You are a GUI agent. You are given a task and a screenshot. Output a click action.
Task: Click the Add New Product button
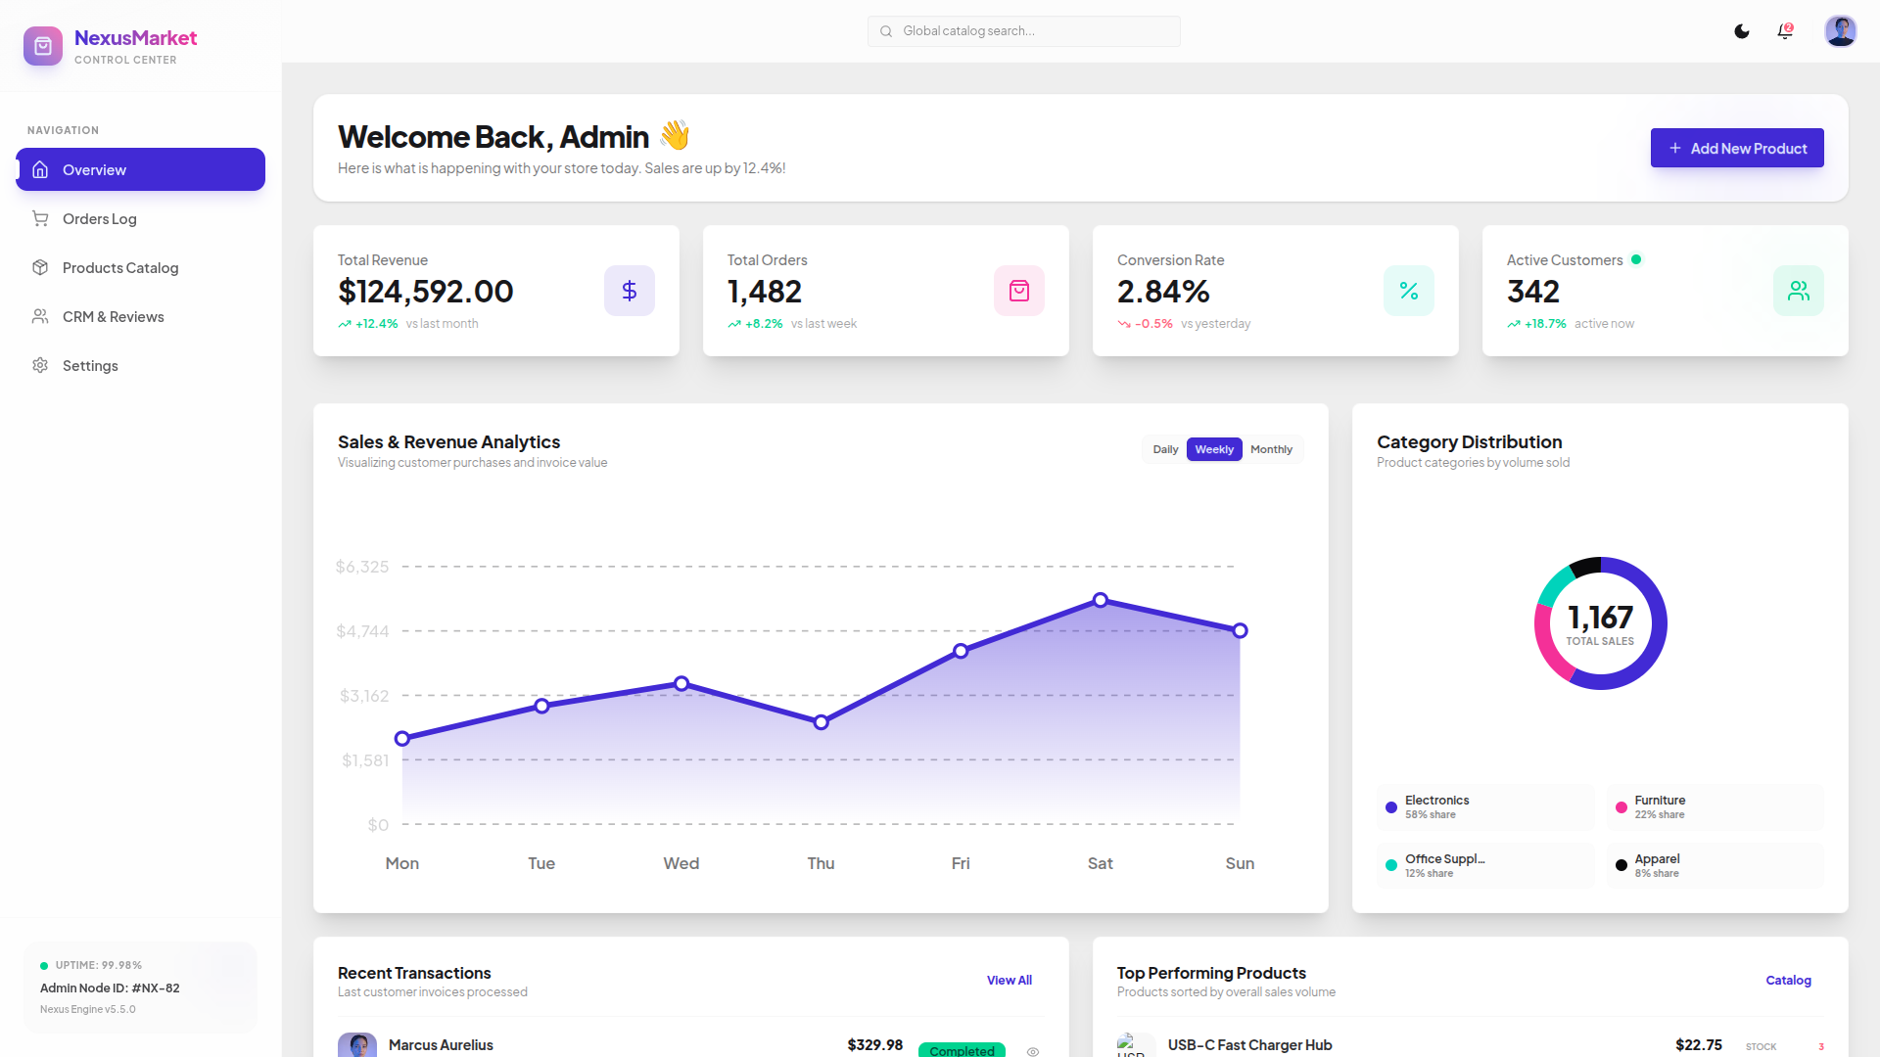[1737, 148]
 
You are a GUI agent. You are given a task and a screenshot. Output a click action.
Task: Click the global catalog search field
[1023, 31]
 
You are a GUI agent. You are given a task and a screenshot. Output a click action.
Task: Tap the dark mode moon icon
[1742, 31]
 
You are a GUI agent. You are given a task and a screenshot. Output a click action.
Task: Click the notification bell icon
[1785, 31]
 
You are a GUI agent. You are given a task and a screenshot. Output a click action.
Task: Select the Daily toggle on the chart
[1165, 449]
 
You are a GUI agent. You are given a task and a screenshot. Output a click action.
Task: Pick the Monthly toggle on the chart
[1271, 449]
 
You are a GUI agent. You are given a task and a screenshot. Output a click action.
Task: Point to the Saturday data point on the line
[1101, 600]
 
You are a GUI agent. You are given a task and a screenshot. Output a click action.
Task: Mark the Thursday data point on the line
[822, 722]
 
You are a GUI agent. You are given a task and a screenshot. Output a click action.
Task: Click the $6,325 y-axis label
[362, 567]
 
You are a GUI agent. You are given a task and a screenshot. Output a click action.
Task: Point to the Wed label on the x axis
[681, 863]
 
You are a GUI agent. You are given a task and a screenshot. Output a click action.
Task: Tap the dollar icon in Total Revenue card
[630, 291]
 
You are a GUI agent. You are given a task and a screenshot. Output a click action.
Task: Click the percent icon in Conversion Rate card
[1409, 291]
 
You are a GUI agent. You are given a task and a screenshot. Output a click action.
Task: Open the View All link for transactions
[1010, 980]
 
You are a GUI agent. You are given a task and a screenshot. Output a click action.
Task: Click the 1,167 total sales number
[1600, 618]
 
